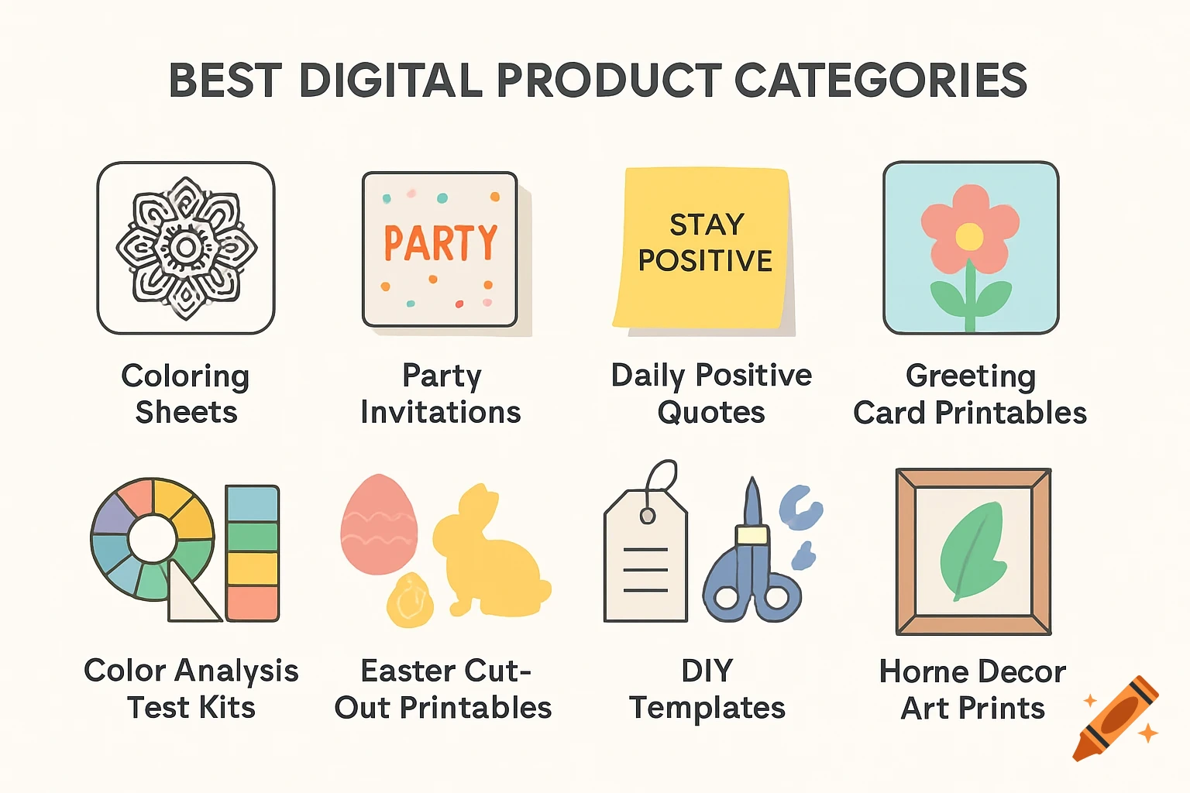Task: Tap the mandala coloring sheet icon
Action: click(x=186, y=248)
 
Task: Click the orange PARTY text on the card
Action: click(x=440, y=243)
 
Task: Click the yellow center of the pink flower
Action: click(x=969, y=236)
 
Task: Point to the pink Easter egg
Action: click(x=379, y=525)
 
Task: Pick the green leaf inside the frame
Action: click(x=973, y=550)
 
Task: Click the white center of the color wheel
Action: click(x=153, y=539)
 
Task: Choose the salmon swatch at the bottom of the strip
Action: click(x=253, y=602)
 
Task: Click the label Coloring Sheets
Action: click(x=186, y=393)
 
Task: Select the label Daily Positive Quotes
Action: click(x=711, y=393)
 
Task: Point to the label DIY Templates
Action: click(x=707, y=689)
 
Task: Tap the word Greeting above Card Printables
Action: click(x=971, y=376)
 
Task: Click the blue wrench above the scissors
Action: click(x=801, y=507)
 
